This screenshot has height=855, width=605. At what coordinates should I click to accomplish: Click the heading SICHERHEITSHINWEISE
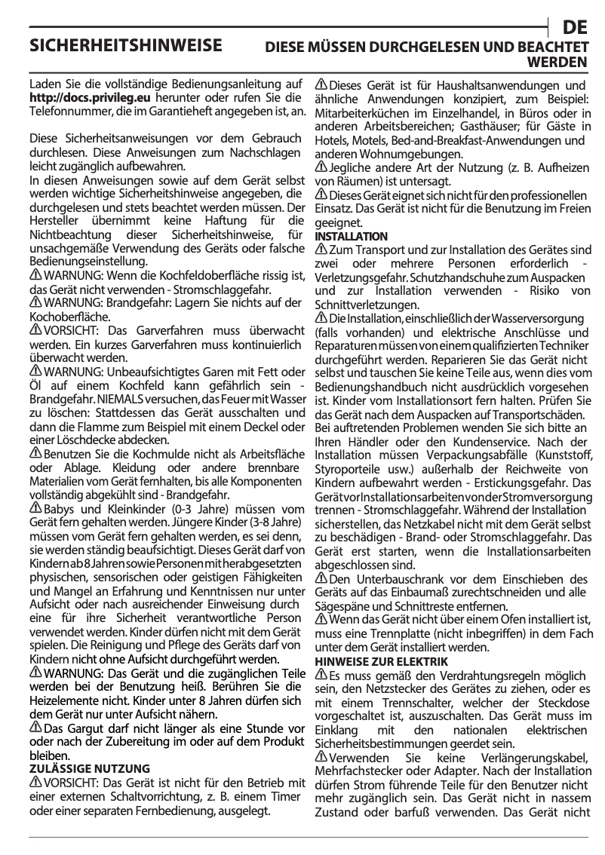click(125, 46)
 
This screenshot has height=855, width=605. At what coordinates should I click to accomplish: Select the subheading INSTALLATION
click(351, 237)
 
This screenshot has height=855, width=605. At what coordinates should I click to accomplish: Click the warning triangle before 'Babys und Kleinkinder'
click(35, 507)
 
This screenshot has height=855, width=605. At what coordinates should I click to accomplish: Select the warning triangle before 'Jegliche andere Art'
click(321, 167)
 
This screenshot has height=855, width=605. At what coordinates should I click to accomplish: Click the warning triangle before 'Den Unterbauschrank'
click(321, 578)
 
